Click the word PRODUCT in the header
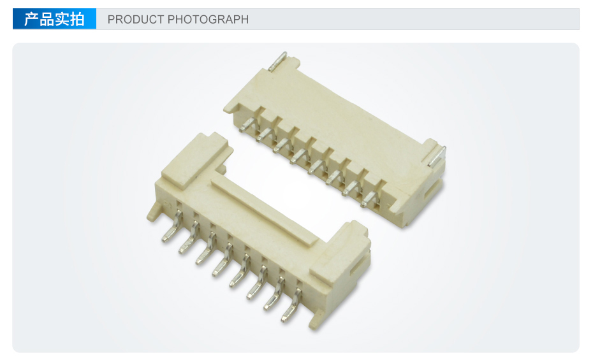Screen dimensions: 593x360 click(135, 19)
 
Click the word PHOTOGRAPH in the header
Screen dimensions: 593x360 click(208, 19)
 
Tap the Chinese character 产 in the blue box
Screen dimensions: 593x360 click(31, 19)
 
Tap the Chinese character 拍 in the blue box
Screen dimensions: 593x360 click(77, 19)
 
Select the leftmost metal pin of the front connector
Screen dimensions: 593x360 click(172, 227)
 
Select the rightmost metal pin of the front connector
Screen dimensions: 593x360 click(291, 306)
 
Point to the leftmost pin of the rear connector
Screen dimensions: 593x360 click(247, 125)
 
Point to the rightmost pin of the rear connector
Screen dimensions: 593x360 click(369, 199)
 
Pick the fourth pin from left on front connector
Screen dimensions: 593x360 click(223, 260)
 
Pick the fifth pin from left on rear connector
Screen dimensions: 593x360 click(318, 167)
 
